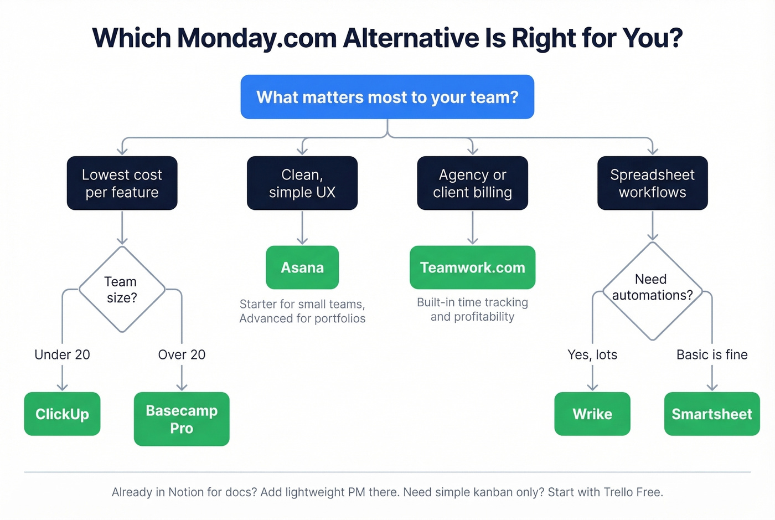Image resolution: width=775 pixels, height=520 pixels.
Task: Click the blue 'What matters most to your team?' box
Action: (387, 97)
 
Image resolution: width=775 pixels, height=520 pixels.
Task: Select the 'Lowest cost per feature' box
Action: (122, 183)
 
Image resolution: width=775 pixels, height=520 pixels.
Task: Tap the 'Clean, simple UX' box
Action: (302, 183)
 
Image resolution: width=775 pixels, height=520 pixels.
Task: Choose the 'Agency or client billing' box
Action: (472, 183)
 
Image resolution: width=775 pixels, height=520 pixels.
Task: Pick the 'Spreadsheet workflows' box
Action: (652, 183)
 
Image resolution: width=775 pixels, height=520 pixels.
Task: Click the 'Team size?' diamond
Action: (122, 290)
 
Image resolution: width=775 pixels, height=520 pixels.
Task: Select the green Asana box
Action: (302, 267)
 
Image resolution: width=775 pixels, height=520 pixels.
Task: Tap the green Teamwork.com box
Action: (472, 267)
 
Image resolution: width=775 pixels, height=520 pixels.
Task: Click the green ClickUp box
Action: (62, 414)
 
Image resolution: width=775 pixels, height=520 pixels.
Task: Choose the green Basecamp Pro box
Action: (182, 419)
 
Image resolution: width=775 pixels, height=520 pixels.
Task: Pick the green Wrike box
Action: (592, 414)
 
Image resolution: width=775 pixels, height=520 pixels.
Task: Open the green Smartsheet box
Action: (711, 414)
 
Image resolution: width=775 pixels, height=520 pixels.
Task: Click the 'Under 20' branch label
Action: (62, 354)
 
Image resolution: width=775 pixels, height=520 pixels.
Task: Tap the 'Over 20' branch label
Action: (182, 354)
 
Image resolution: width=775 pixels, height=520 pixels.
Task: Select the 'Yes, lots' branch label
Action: (592, 354)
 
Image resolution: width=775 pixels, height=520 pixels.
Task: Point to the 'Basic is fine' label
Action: (712, 354)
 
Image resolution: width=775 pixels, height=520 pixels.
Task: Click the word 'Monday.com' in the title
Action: (257, 38)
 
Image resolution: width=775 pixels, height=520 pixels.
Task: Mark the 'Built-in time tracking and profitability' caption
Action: (472, 310)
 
